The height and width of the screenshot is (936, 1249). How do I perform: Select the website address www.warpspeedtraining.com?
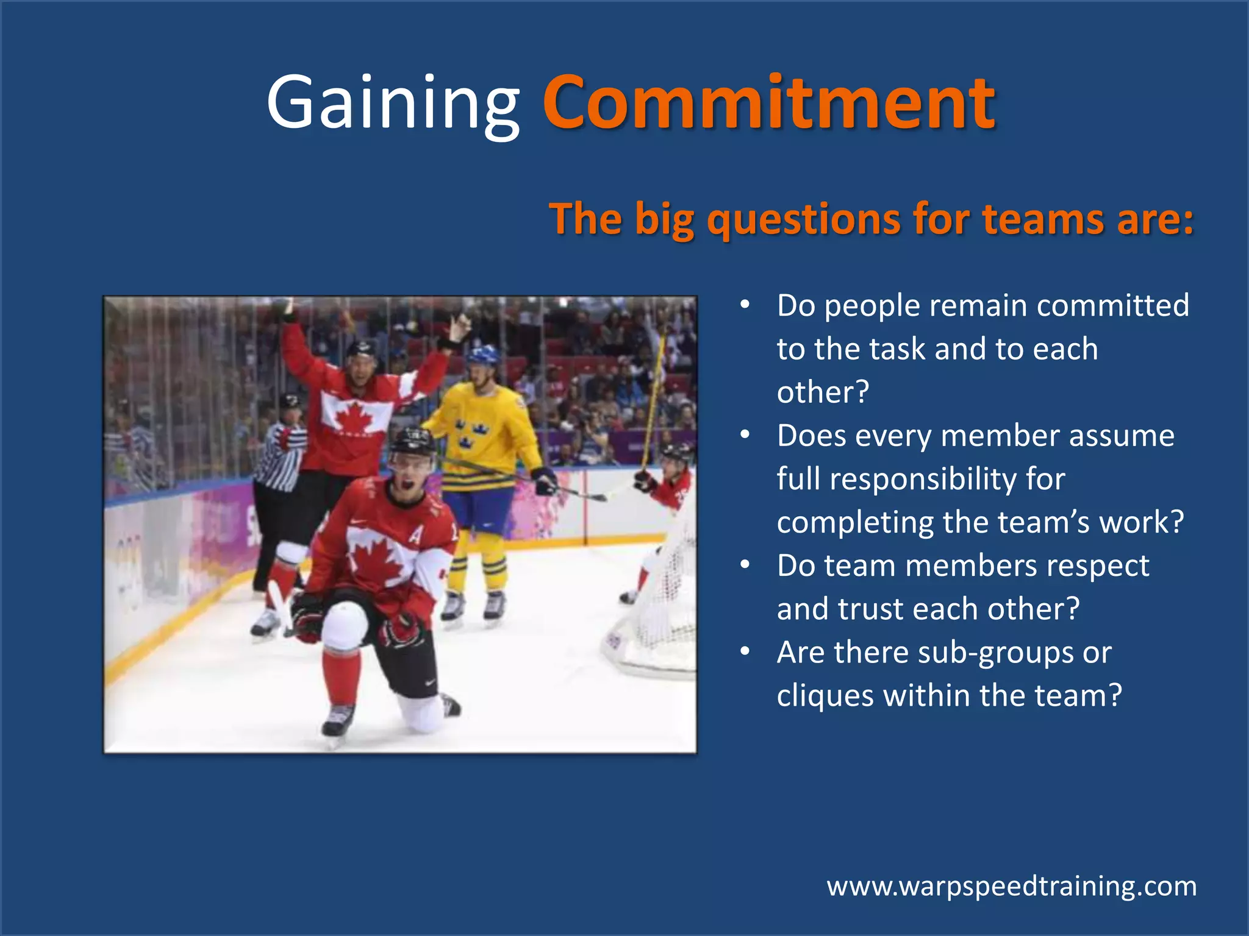point(1011,885)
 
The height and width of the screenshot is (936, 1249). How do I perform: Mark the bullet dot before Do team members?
point(745,565)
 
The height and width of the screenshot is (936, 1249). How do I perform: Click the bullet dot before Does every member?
point(745,435)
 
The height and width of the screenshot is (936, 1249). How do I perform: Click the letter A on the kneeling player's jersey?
point(415,534)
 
